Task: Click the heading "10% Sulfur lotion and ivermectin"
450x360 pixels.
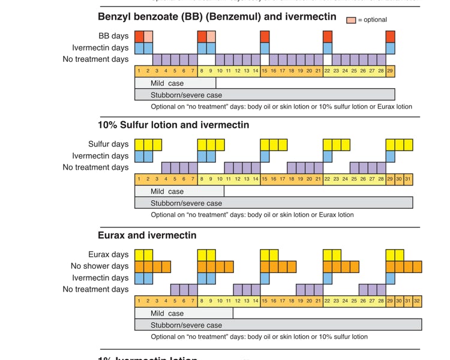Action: (x=173, y=125)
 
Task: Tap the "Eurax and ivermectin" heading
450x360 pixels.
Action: (x=147, y=235)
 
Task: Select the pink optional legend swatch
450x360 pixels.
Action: (x=351, y=20)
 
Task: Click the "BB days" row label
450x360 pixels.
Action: (x=113, y=36)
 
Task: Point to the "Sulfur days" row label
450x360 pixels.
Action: (x=108, y=144)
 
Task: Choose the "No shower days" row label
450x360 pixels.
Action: (x=100, y=266)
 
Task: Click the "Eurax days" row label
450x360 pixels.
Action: (x=108, y=254)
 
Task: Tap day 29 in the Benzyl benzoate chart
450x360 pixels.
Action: (x=390, y=71)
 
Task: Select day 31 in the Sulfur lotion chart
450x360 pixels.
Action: (x=408, y=179)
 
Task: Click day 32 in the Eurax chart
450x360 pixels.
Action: (x=417, y=301)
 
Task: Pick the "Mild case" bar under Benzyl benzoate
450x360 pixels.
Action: (x=175, y=83)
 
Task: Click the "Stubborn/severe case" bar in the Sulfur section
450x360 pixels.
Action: (x=274, y=203)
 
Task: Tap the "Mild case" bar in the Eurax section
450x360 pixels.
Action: (x=184, y=313)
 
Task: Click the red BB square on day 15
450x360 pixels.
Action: (x=265, y=37)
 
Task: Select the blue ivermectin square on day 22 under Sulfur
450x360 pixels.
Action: (x=328, y=156)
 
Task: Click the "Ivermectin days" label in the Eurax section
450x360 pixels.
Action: (x=100, y=278)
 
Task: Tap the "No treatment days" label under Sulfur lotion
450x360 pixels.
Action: (x=95, y=167)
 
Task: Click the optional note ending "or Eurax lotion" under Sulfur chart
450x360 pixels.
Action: (x=252, y=215)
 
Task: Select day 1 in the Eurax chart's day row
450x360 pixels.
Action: (x=139, y=301)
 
